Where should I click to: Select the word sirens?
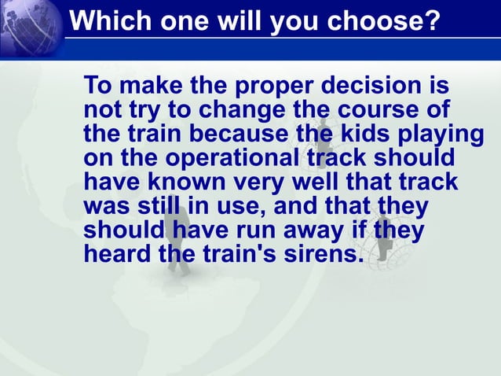(316, 256)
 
